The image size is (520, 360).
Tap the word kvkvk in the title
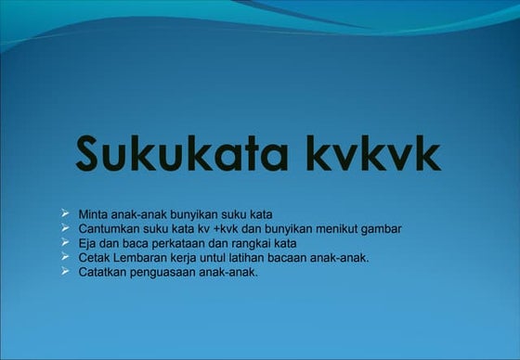click(x=373, y=153)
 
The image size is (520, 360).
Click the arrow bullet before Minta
click(x=65, y=213)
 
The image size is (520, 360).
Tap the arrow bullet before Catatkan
click(x=65, y=272)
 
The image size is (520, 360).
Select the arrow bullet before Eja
click(x=65, y=242)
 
